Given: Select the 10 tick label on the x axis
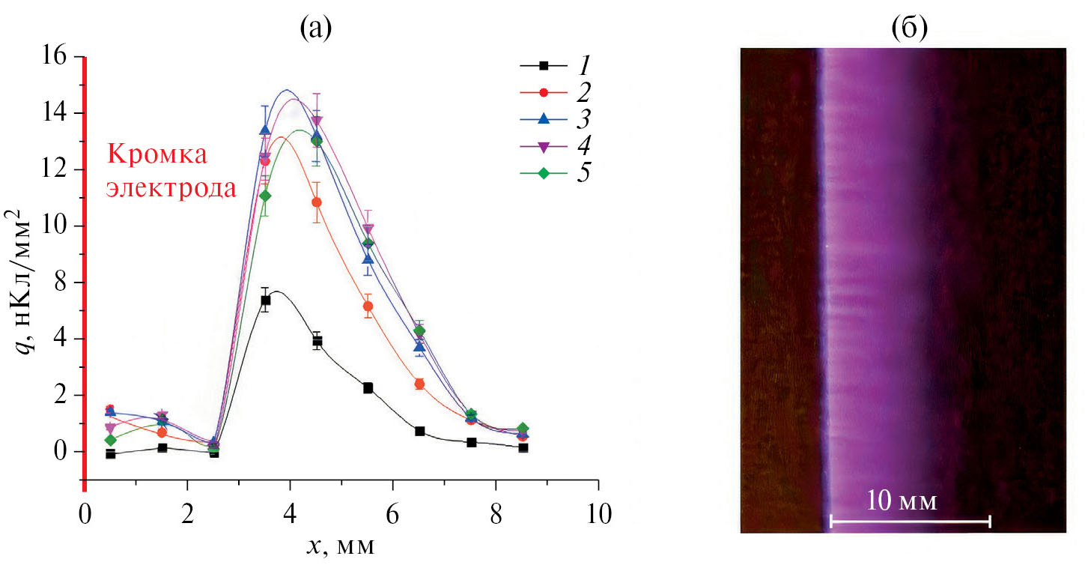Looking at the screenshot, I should click(x=598, y=516).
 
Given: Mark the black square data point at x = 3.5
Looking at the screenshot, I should click(x=265, y=300).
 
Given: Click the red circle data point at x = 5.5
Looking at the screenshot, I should click(x=368, y=306).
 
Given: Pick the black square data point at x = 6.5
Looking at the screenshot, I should click(x=419, y=431).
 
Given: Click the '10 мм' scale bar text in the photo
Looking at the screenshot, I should click(x=902, y=500).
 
